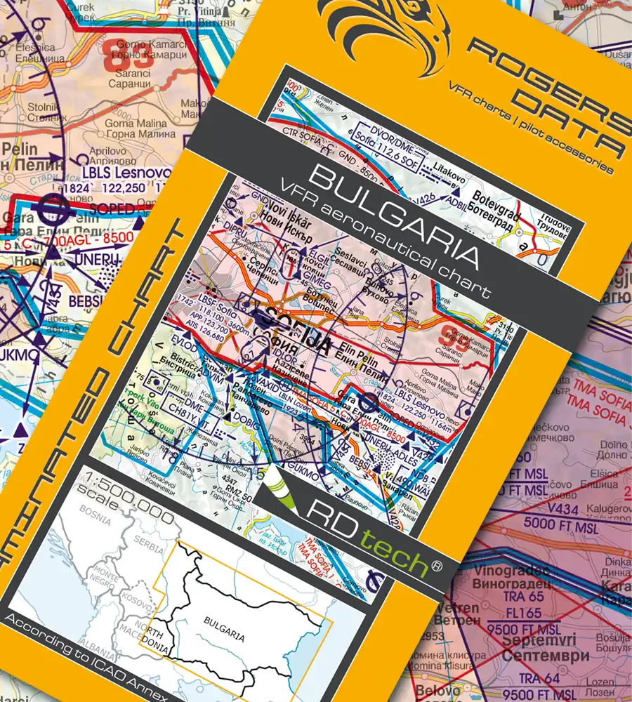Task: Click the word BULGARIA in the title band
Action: (x=393, y=218)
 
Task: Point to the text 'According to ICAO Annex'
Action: (x=84, y=656)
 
